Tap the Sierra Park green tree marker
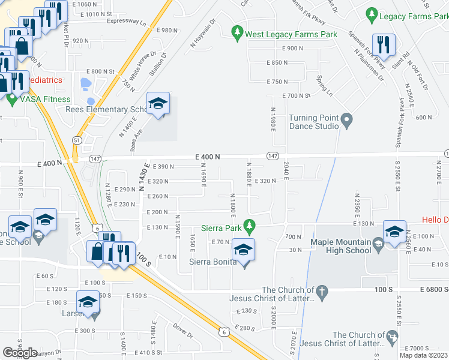point(253,227)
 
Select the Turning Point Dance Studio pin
point(346,122)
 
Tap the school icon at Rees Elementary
point(158,104)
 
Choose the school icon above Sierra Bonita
point(243,249)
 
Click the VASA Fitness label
point(47,100)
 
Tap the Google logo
point(20,352)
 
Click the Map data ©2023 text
point(423,355)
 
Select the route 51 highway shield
point(77,139)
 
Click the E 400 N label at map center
point(207,157)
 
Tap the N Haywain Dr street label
point(204,35)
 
